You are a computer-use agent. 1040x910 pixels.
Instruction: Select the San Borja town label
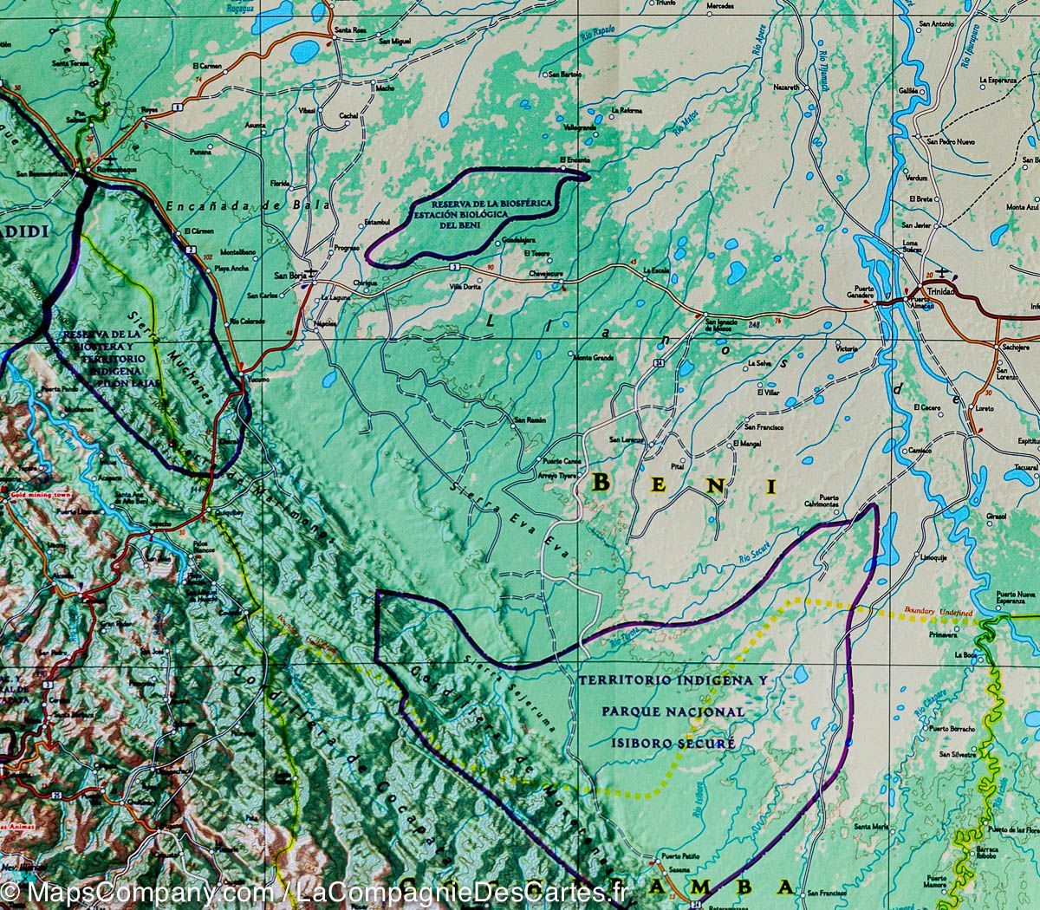pyautogui.click(x=286, y=276)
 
